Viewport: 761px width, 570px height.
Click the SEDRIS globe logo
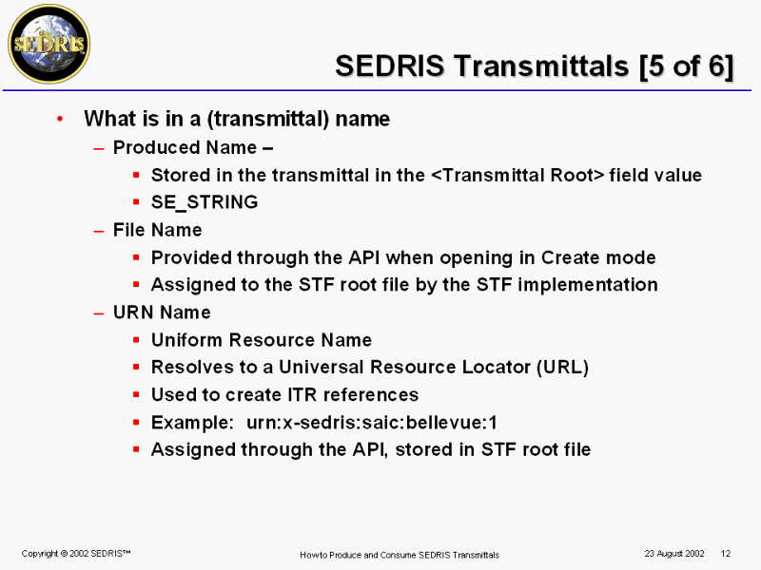tap(49, 44)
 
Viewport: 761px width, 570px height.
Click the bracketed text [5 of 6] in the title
tap(686, 66)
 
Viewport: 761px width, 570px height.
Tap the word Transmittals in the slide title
tap(541, 66)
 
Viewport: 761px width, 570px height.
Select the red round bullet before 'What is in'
tap(60, 119)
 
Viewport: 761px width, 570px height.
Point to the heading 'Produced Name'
tap(185, 147)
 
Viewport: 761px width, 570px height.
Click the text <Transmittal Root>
tap(517, 175)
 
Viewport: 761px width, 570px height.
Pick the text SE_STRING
tap(205, 202)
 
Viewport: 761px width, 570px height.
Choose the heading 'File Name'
tap(157, 230)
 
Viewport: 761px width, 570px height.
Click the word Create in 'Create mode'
tap(572, 257)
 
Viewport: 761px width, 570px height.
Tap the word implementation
tap(588, 285)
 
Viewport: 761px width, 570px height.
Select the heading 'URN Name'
tap(162, 313)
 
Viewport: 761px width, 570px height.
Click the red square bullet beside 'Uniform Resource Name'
tap(136, 340)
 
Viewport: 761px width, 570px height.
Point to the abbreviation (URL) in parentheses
tap(563, 368)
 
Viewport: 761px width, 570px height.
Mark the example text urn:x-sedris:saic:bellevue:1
tap(372, 423)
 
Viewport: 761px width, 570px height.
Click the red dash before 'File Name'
tap(99, 231)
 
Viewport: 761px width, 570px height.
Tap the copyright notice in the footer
tap(76, 554)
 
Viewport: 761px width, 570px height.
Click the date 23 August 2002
tap(674, 554)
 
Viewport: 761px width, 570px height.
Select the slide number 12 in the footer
tap(726, 554)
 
